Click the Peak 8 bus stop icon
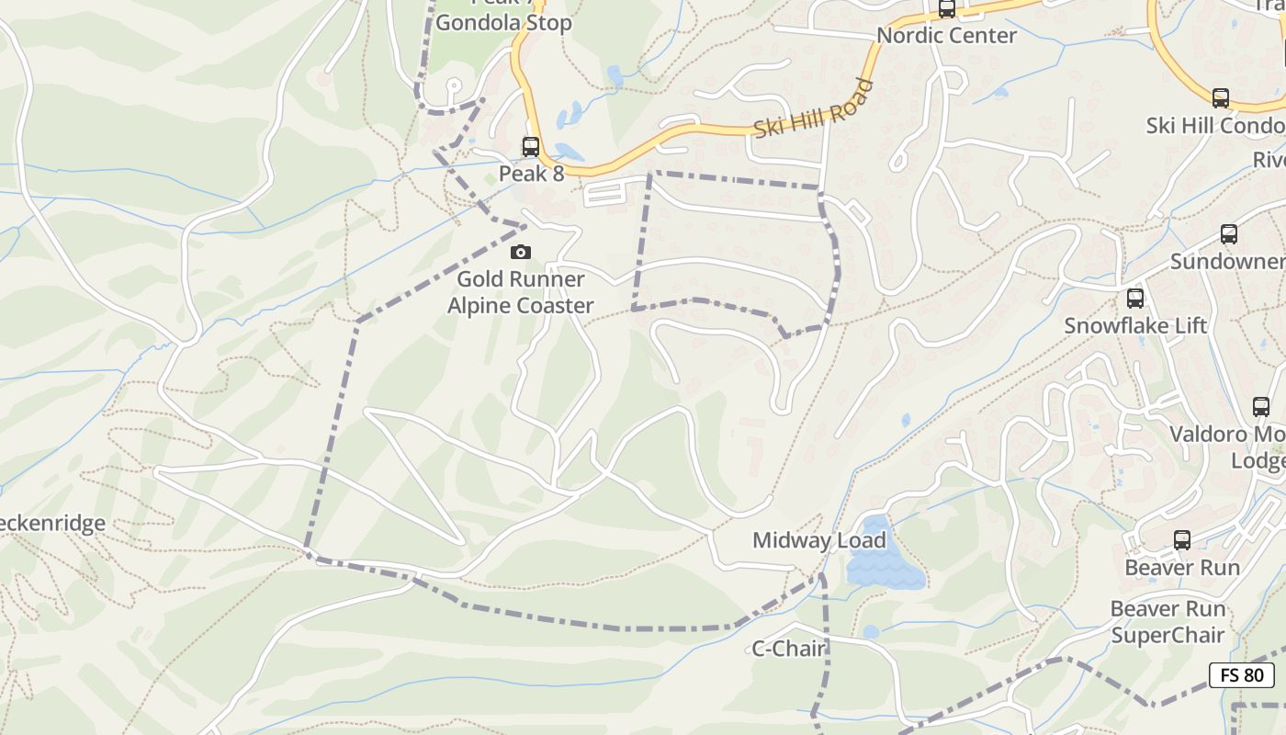click(530, 147)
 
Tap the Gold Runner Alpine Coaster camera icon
click(521, 252)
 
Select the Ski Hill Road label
click(813, 109)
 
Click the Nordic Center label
click(946, 36)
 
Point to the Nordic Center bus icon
click(946, 9)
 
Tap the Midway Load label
click(818, 540)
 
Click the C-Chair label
click(789, 649)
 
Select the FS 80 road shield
click(1242, 675)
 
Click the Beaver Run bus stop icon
click(1182, 540)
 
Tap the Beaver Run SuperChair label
click(1168, 622)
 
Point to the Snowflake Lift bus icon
click(1135, 299)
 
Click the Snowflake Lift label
click(1135, 326)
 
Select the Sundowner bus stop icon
click(1229, 234)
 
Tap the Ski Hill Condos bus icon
click(1220, 98)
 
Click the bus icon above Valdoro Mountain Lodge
click(1261, 407)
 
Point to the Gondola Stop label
click(503, 23)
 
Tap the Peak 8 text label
click(531, 174)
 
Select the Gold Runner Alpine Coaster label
click(521, 292)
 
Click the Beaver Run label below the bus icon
click(1182, 568)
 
